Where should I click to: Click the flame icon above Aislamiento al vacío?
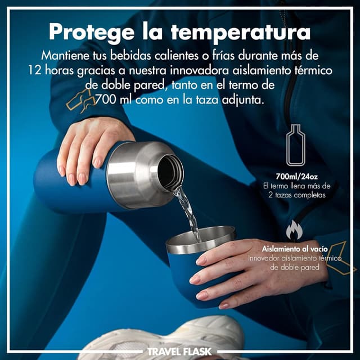click(x=294, y=230)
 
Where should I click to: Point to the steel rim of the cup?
click(x=200, y=239)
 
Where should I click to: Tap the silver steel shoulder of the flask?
click(x=132, y=177)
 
